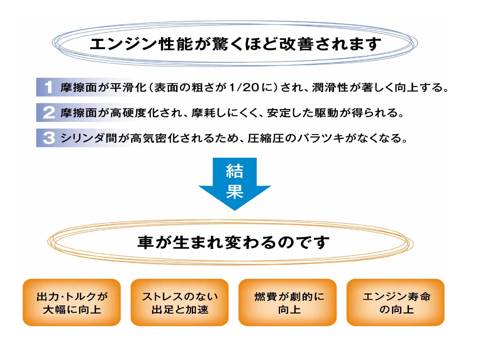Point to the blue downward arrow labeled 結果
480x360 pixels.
[235, 184]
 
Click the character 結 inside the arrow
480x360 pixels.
[235, 171]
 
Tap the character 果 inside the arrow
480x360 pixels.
[235, 191]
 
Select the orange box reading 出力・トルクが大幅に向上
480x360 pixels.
[72, 302]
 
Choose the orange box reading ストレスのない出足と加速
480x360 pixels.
[180, 302]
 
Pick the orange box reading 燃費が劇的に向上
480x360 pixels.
[287, 302]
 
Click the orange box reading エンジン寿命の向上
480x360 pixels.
[396, 302]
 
